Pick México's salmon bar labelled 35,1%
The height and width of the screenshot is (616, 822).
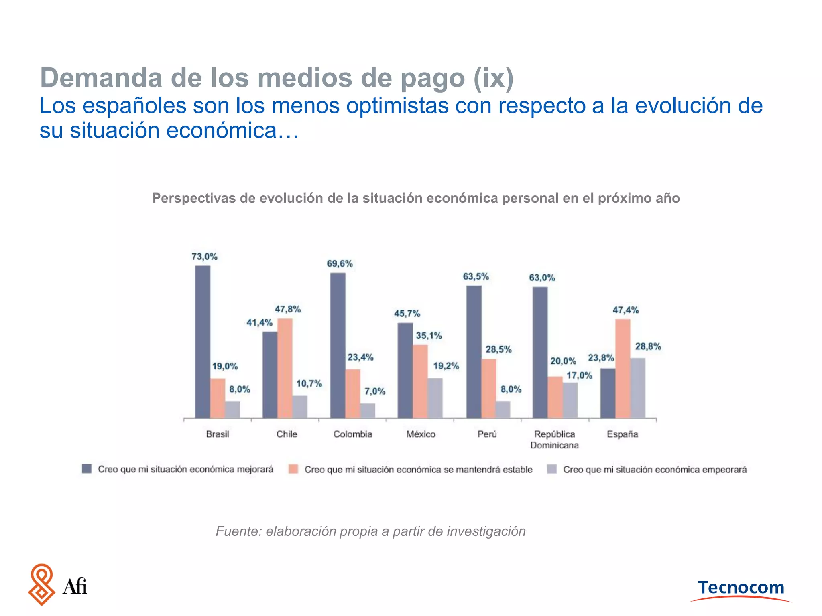point(420,381)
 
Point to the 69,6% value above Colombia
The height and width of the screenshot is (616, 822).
point(340,264)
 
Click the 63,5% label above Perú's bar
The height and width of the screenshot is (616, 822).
point(476,277)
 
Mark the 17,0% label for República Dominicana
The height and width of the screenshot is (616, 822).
point(579,376)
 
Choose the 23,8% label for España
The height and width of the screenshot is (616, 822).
point(601,358)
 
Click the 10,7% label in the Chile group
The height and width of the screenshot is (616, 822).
point(309,384)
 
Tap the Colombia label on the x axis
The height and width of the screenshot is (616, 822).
point(352,434)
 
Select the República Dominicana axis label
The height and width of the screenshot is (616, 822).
point(554,440)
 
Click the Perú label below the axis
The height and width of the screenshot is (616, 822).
point(487,434)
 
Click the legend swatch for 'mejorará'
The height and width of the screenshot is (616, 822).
point(87,469)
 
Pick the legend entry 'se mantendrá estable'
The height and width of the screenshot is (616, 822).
point(418,470)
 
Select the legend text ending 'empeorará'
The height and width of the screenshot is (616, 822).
point(655,470)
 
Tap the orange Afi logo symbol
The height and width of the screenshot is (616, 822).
point(41,584)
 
